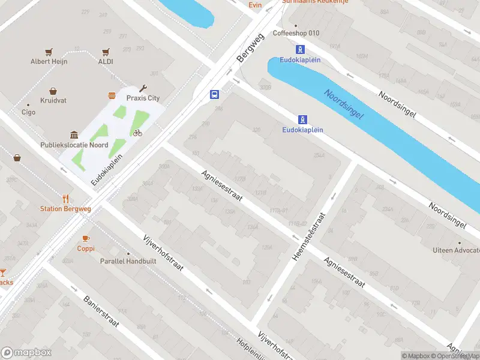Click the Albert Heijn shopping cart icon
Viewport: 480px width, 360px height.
pos(49,52)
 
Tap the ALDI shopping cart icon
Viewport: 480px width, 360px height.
pos(106,52)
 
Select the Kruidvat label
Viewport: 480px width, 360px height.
pos(53,100)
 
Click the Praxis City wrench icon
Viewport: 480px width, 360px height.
pos(143,88)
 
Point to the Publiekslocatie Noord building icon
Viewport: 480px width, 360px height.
pos(73,135)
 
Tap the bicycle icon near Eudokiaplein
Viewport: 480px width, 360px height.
pos(138,133)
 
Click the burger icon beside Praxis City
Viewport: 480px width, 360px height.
pos(112,96)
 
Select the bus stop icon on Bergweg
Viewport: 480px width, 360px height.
pos(214,94)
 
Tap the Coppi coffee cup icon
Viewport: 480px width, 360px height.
pos(85,238)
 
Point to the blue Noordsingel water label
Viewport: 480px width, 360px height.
pos(343,103)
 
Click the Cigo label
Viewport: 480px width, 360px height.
pos(28,112)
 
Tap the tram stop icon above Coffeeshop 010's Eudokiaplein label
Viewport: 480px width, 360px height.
pos(300,50)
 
